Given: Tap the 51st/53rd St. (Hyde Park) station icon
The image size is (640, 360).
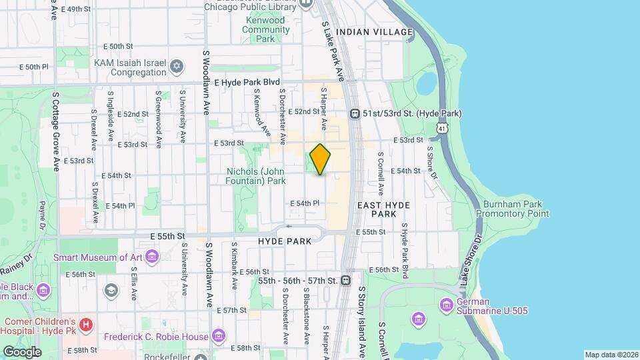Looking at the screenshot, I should pyautogui.click(x=355, y=114).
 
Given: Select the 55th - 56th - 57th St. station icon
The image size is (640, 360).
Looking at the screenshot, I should pyautogui.click(x=345, y=281).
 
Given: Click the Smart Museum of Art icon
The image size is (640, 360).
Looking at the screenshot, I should pyautogui.click(x=152, y=257).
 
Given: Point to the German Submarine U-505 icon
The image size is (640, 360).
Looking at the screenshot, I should pyautogui.click(x=446, y=305).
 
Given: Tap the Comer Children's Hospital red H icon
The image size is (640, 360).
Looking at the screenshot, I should pyautogui.click(x=85, y=325).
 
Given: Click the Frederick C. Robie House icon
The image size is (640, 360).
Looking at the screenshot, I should pyautogui.click(x=218, y=335).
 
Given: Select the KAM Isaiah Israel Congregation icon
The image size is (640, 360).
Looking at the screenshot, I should pyautogui.click(x=176, y=66).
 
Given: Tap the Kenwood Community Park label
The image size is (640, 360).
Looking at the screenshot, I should pyautogui.click(x=265, y=29).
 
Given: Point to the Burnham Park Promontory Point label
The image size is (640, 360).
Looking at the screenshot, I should pyautogui.click(x=513, y=209).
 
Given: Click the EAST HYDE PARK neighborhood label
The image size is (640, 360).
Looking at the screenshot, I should pyautogui.click(x=384, y=209).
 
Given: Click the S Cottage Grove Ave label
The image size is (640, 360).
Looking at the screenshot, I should pyautogui.click(x=55, y=131).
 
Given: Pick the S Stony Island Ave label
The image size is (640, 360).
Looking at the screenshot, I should pyautogui.click(x=363, y=320).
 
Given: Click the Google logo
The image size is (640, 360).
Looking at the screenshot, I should pyautogui.click(x=22, y=351).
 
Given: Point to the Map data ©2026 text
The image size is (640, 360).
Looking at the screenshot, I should pyautogui.click(x=611, y=354).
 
